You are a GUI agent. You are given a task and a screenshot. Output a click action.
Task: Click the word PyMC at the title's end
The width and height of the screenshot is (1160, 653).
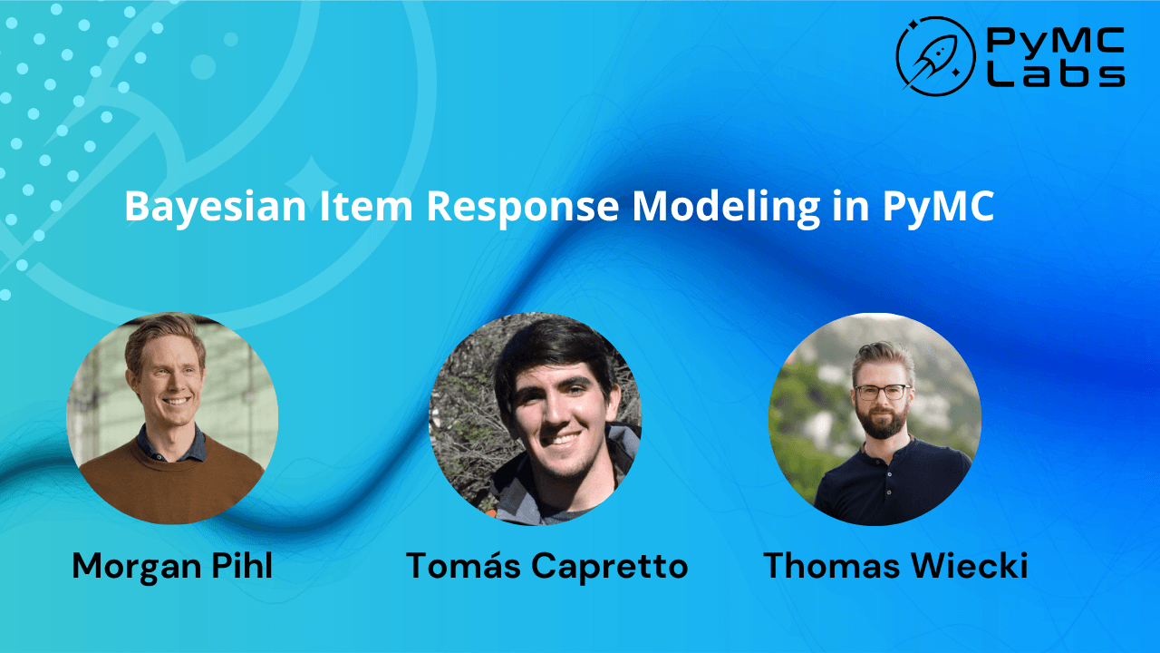[938, 206]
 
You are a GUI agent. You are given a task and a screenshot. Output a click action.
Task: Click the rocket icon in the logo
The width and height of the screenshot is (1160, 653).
[933, 57]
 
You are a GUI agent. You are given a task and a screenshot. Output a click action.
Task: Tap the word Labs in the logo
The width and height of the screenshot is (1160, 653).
[1056, 74]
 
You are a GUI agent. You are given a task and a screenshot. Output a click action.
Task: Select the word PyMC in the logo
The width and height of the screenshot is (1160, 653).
[1056, 41]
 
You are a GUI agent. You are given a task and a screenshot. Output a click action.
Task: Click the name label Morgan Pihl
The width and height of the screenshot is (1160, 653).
[172, 566]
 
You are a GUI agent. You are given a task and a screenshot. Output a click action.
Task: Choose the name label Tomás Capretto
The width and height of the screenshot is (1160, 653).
[546, 566]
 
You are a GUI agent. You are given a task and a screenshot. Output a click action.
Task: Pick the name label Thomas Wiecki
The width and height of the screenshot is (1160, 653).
[895, 566]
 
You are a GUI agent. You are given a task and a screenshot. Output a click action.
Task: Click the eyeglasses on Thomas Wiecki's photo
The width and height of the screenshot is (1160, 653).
[882, 392]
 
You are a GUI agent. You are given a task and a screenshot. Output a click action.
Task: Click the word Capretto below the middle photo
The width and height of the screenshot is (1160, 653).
[609, 566]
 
